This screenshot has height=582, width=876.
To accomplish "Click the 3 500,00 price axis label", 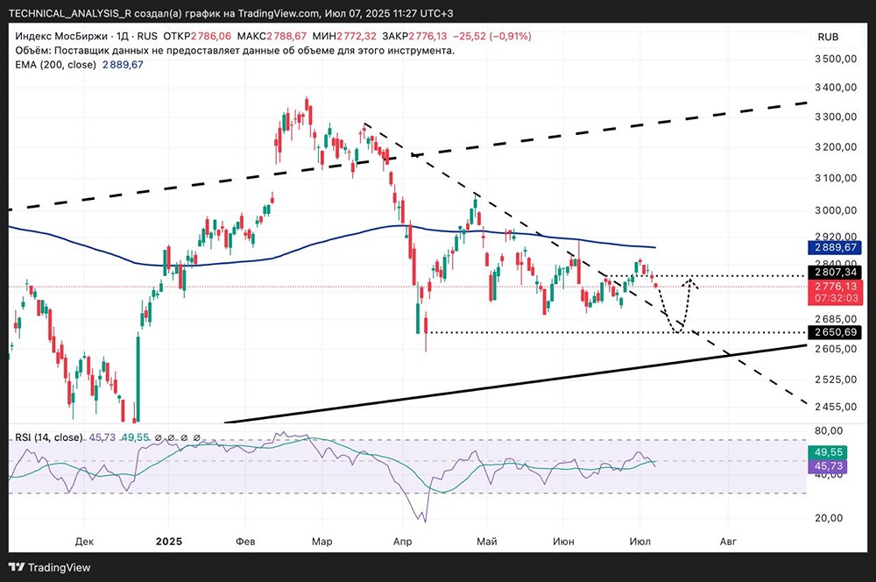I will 836,59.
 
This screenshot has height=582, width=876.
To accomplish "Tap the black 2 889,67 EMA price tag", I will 836,249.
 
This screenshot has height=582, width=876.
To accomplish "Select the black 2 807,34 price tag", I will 836,273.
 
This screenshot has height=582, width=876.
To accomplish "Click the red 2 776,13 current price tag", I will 836,286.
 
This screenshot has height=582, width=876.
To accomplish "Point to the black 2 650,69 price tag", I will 836,332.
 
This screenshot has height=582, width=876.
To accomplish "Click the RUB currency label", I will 828,37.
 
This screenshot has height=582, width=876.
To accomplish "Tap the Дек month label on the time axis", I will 84,542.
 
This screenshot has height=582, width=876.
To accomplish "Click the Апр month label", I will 403,542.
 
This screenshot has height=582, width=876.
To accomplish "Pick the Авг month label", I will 728,542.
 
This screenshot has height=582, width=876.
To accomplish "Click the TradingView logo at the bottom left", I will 52,566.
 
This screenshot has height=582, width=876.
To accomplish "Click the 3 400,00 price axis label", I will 836,88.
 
